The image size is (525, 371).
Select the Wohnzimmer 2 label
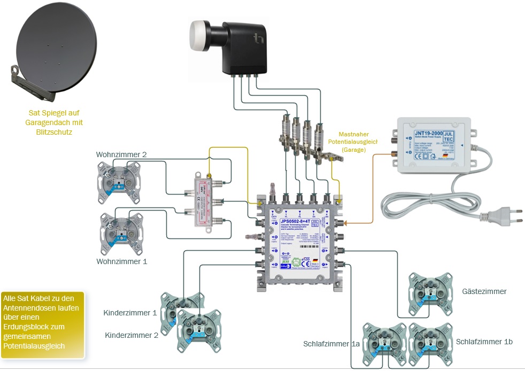[x=121, y=155]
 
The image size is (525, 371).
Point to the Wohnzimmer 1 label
[x=121, y=262]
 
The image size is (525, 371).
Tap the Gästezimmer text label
[x=484, y=291]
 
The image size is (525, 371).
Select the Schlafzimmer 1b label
[x=484, y=341]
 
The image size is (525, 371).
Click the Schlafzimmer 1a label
[x=331, y=344]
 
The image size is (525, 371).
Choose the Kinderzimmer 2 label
[x=132, y=335]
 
